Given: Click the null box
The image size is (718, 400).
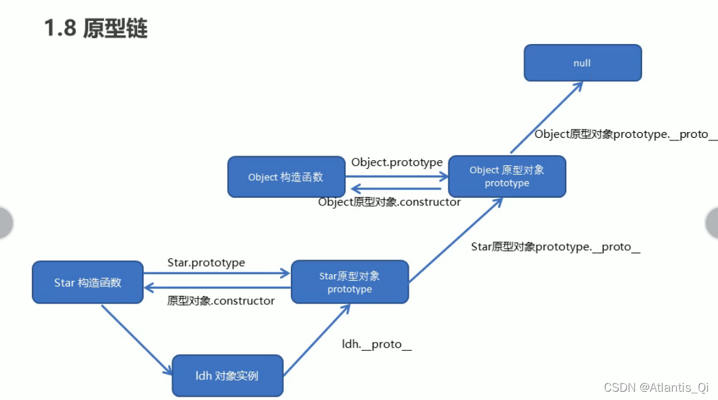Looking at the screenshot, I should coord(582,63).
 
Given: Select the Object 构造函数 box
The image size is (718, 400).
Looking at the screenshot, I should coord(286,177).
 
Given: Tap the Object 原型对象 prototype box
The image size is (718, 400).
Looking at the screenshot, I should coord(507,176).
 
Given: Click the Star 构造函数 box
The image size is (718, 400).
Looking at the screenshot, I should coord(87,282).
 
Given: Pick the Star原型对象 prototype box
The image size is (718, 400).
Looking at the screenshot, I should coord(349,282).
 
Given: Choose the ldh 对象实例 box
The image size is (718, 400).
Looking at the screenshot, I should coord(227,376).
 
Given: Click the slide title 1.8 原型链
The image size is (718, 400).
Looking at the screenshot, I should coord(96,28).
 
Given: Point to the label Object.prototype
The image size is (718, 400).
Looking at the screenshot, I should coord(397,162).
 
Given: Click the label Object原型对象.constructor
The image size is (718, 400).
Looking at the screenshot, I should coord(389,202).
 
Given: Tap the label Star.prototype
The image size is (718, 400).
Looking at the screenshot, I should coord(206,262).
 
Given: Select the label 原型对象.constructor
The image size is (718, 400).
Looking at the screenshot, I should coord(221,300).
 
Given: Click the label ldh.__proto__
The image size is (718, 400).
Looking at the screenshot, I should coord(377,344).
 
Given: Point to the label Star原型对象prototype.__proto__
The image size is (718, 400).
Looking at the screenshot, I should coord(555,247).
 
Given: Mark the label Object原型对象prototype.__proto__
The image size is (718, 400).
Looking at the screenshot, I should coord(625,135).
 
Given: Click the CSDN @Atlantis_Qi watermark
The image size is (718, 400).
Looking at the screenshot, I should coord(656,387).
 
